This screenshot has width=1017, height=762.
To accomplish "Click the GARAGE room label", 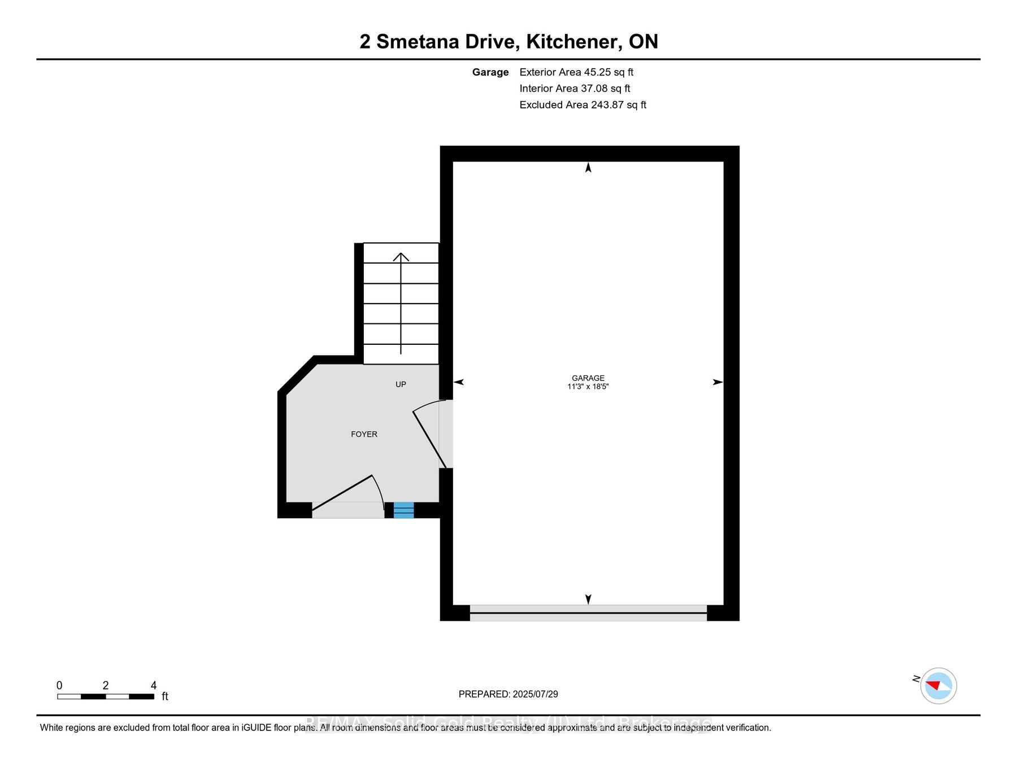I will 588,378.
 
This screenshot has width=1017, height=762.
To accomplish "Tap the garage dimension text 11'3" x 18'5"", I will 588,387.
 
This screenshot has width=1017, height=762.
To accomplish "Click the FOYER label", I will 364,434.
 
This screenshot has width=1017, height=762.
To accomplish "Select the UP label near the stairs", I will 401,384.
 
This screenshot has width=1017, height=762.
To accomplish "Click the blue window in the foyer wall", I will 403,510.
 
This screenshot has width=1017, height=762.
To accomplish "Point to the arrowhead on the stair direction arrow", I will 401,257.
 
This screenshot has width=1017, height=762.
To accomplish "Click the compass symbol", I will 938,686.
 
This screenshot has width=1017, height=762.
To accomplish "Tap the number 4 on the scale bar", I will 154,685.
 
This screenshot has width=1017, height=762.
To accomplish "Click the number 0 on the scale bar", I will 59,685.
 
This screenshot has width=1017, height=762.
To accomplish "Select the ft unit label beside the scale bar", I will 165,697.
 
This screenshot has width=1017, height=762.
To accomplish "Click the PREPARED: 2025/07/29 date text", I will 508,694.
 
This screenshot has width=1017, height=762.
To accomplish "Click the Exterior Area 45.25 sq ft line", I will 576,72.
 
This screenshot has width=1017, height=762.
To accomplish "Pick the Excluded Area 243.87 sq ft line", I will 583,105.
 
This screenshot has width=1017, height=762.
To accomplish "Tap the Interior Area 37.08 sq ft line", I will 575,89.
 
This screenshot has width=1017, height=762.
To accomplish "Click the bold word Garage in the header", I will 490,72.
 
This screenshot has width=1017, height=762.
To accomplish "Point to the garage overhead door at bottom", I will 588,613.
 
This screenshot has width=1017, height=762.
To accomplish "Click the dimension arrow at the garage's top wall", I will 588,168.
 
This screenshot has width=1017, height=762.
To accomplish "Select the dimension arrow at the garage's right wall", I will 718,382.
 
